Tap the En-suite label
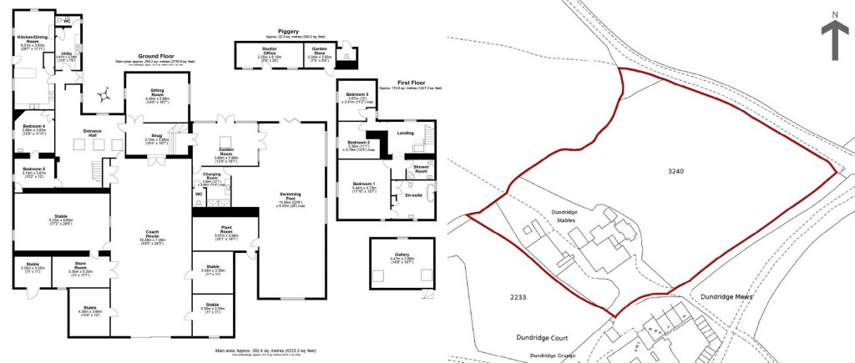(x=412, y=194)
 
